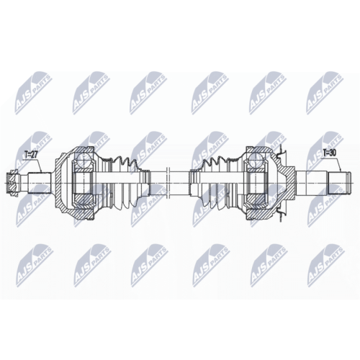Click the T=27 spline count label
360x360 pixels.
point(31,154)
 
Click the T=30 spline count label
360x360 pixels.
point(330,153)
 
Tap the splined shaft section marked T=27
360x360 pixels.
point(40,183)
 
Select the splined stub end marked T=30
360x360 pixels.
point(339,183)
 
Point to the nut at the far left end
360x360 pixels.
point(12,183)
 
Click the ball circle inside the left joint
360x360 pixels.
point(83,160)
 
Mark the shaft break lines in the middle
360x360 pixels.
point(168,183)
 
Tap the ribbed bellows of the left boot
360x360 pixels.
point(125,183)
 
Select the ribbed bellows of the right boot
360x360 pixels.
point(214,183)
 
